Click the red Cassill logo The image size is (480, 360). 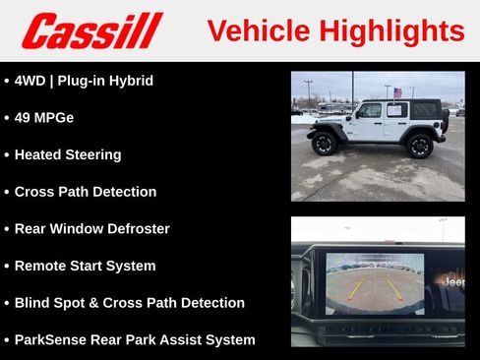click(91, 30)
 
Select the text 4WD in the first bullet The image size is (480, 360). click(30, 81)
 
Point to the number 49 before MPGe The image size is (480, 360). click(24, 117)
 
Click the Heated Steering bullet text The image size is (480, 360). click(68, 154)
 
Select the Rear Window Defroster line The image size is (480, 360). click(91, 228)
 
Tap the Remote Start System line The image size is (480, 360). click(85, 266)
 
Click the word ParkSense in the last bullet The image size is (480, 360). click(49, 339)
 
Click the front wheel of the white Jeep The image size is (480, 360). click(325, 144)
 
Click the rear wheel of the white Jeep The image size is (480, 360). click(419, 146)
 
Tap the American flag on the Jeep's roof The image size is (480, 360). click(397, 92)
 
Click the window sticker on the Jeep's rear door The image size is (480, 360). click(395, 110)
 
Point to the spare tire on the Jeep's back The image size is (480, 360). click(445, 120)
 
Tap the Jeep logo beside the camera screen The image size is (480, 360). click(453, 281)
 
